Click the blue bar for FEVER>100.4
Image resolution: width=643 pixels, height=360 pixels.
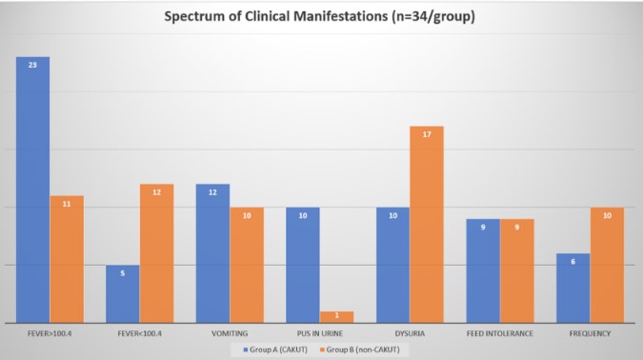[x=32, y=190]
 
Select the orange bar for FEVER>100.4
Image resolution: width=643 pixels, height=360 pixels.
[x=67, y=260]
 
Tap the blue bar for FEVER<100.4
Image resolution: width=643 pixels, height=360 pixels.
[x=123, y=294]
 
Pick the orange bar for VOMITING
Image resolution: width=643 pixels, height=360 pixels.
[x=247, y=266]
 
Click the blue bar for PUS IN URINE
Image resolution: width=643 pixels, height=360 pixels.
[x=303, y=266]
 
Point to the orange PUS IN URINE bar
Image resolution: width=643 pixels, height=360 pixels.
[x=336, y=317]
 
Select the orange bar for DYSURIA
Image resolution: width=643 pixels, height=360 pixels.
[x=427, y=225]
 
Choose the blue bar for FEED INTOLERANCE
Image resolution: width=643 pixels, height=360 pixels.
[x=483, y=271]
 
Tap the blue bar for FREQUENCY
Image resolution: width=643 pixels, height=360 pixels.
[x=573, y=289]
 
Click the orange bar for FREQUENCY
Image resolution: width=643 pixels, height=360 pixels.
[x=607, y=266]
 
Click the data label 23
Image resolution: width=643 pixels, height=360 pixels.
[x=32, y=65]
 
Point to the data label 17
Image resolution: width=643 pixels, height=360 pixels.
[x=427, y=134]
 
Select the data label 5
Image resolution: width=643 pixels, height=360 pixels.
[x=123, y=273]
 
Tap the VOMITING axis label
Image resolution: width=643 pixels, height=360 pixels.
[x=230, y=333]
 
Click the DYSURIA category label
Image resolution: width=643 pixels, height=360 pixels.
[x=410, y=333]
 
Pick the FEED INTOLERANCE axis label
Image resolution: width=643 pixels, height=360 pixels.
[x=500, y=333]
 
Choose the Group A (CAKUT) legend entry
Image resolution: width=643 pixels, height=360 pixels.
[x=275, y=350]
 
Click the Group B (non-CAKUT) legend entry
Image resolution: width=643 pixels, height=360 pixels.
[x=360, y=350]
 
